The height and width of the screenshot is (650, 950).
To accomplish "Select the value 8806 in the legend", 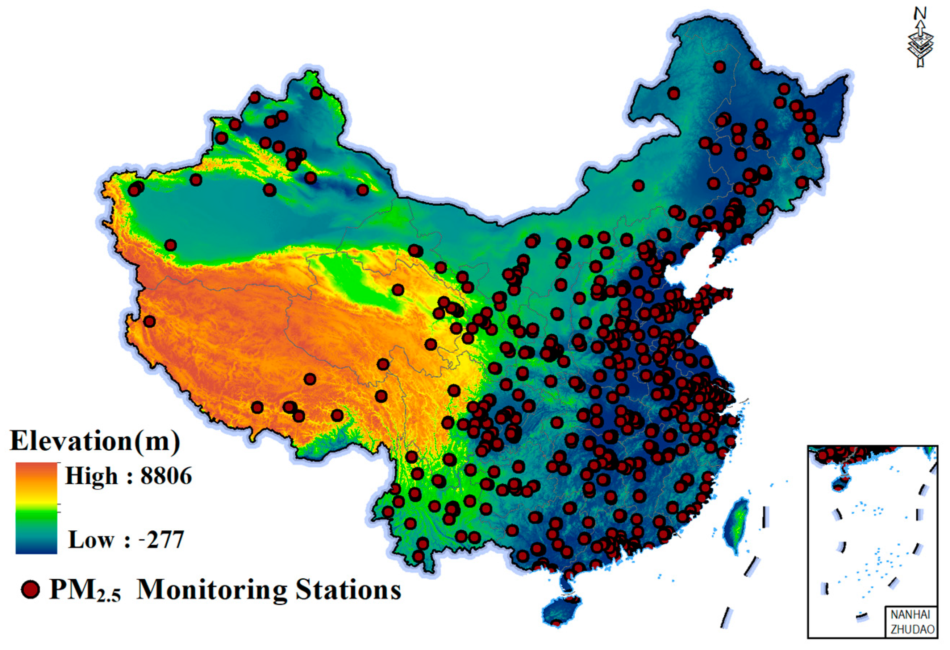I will click(x=166, y=476).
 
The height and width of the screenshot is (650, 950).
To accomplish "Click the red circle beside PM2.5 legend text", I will click(x=30, y=589).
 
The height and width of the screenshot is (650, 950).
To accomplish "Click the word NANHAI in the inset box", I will click(x=910, y=615).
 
